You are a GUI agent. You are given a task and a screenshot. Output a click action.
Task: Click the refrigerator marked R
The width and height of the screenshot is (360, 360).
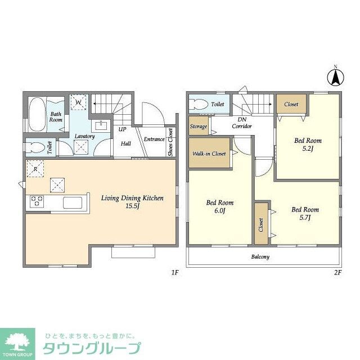point(35,169)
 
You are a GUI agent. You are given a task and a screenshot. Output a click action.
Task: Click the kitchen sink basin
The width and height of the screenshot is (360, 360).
point(73,202)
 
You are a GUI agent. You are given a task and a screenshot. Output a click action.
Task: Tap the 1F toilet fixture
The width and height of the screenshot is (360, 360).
point(35,148)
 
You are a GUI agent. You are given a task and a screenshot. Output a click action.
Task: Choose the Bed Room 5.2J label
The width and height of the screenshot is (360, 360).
point(308,145)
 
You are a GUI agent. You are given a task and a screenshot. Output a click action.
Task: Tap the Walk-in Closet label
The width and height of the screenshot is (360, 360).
point(209,154)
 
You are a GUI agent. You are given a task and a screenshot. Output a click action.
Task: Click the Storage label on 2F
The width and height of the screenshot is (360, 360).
point(198,127)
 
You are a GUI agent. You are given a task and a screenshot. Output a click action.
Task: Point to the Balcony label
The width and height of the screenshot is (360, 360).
point(259,257)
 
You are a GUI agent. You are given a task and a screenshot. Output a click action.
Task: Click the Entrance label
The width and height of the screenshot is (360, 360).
point(154,139)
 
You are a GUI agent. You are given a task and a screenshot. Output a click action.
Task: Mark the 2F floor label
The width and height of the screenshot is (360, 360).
point(337,273)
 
